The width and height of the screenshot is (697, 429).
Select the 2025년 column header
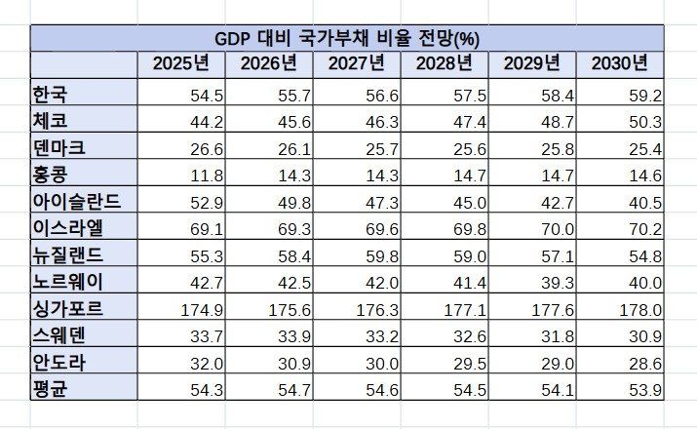[180, 64]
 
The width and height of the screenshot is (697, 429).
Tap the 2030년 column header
[620, 64]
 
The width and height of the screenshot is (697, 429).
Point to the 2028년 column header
[445, 64]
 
